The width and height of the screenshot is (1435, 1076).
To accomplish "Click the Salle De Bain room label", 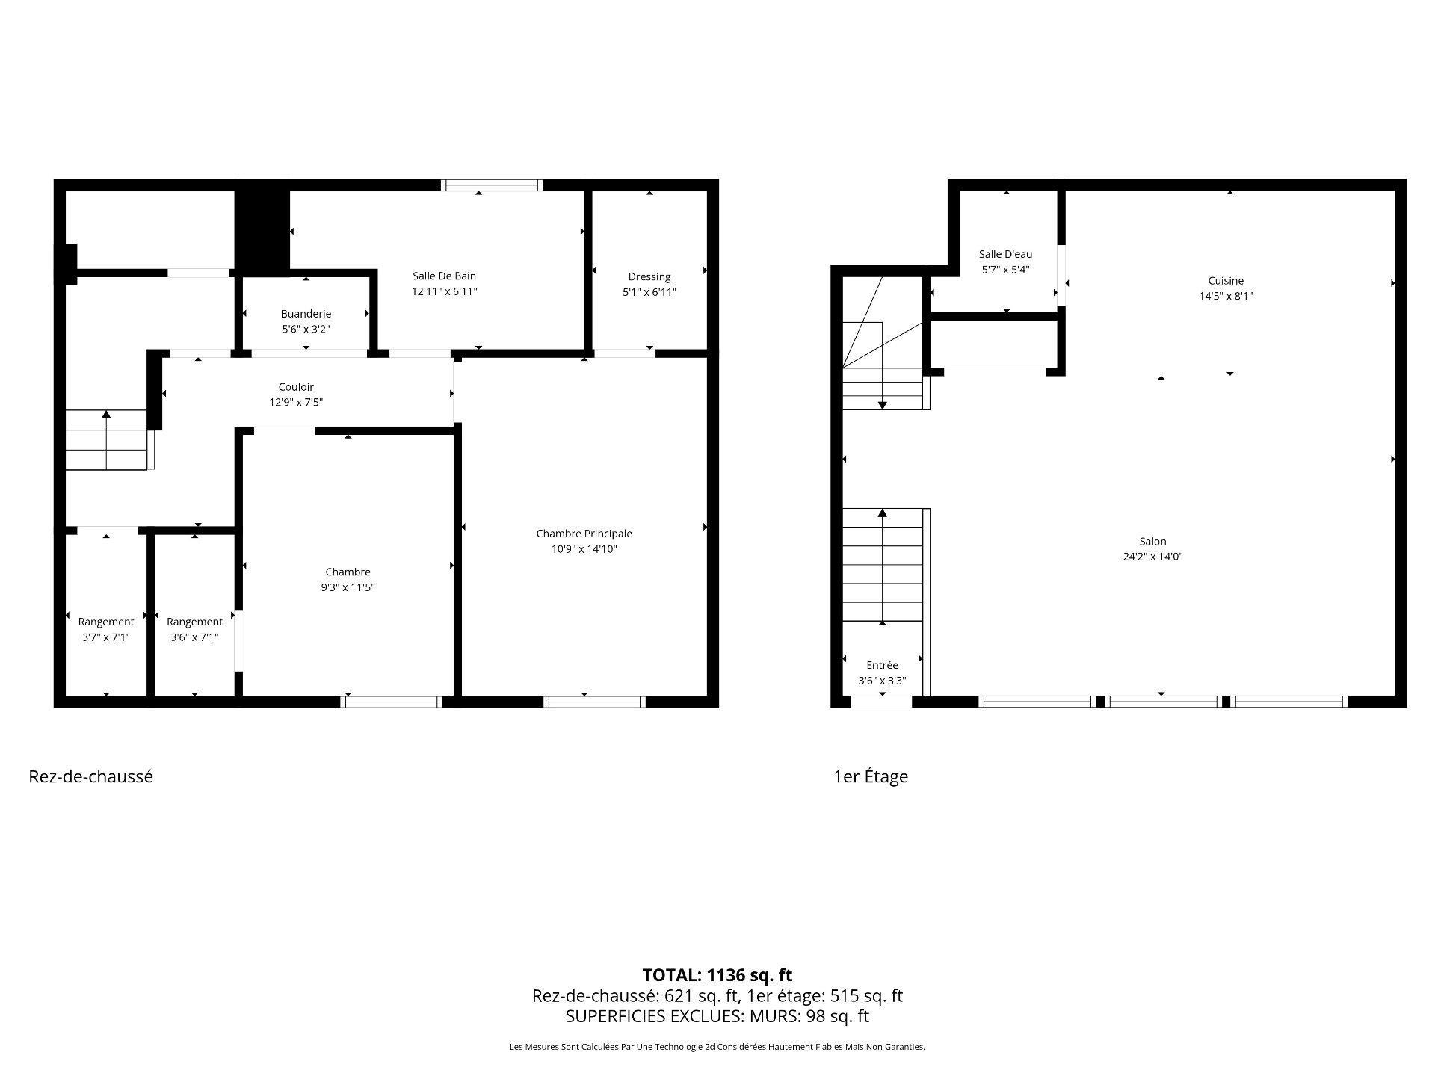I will [x=444, y=276].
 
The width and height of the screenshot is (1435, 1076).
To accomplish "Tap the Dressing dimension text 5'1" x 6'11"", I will [x=649, y=292].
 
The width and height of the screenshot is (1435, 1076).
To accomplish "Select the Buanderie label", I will [x=306, y=314].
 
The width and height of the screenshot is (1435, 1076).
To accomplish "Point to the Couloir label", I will [x=296, y=387].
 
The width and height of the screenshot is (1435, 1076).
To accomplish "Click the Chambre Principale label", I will [x=584, y=534].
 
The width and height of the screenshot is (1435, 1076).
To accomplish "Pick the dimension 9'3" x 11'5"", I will [x=348, y=587].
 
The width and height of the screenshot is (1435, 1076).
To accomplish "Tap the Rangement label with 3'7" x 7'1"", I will [x=106, y=622].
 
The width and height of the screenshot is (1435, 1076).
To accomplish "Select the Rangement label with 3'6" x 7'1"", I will [x=194, y=622].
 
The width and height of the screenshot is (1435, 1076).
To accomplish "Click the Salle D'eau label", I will [x=1005, y=254].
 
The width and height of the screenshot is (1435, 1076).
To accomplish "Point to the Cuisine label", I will [x=1226, y=281].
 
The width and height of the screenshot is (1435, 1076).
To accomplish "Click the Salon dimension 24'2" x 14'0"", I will [x=1152, y=557].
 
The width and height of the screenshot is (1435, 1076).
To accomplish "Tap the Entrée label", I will [x=882, y=665].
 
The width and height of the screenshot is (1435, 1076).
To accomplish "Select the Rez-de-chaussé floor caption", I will [x=90, y=776].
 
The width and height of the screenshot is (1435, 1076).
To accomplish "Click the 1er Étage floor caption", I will [x=871, y=776].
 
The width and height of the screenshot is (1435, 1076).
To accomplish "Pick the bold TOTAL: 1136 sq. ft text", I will [x=717, y=975].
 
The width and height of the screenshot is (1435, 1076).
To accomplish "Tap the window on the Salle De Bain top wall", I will [x=491, y=185].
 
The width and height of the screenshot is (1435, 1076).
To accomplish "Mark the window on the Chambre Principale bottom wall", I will [x=594, y=702].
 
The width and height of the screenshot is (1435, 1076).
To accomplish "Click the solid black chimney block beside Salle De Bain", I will [x=262, y=228].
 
